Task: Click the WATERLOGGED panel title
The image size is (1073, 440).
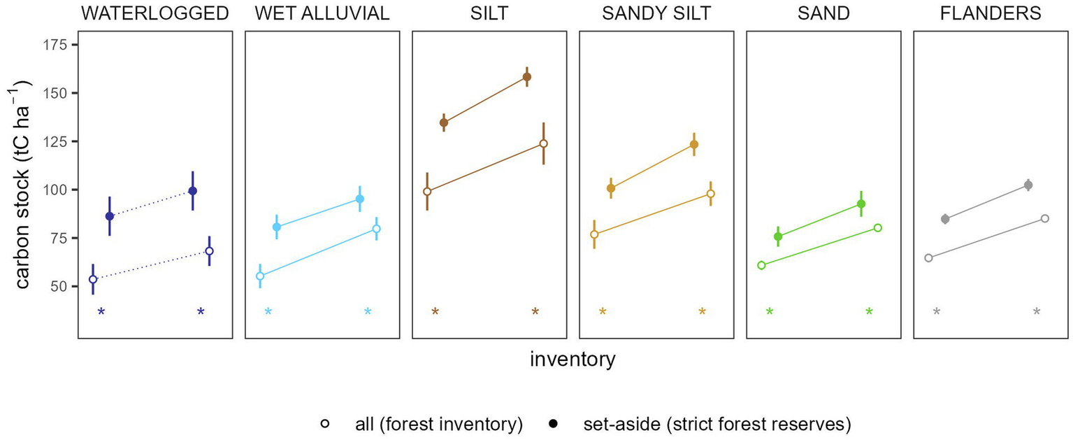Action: coord(154,13)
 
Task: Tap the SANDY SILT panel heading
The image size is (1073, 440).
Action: coord(656,13)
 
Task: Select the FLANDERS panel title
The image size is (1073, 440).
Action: coord(991,13)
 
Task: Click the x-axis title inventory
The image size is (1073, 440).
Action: coord(572,360)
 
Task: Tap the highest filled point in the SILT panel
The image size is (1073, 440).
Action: coord(527,77)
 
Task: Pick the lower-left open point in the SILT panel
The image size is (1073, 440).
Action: coord(427,191)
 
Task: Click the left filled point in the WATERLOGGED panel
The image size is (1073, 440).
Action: coord(110,216)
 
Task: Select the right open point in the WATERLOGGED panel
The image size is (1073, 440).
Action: coord(209,251)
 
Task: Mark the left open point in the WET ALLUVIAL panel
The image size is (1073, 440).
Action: coord(260,276)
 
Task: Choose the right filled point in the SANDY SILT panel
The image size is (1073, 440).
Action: coord(694,145)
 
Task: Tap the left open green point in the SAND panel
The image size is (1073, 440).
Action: coord(761,265)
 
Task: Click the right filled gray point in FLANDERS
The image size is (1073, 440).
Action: coord(1028,185)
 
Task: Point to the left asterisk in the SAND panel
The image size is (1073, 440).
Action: coord(770,313)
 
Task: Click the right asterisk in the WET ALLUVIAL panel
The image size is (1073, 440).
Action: coord(368,313)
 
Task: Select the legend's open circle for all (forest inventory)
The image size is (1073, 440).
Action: coord(324,423)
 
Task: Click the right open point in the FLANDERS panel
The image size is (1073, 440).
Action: coord(1045,218)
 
